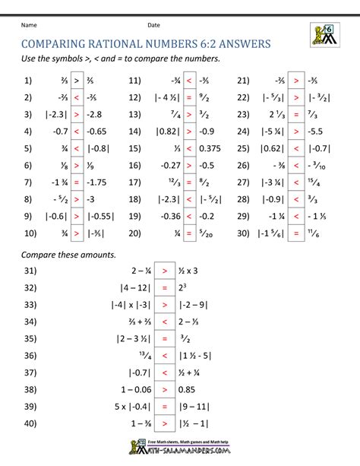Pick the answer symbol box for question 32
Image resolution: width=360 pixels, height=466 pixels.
(x=164, y=288)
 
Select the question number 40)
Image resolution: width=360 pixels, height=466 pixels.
(x=30, y=424)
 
